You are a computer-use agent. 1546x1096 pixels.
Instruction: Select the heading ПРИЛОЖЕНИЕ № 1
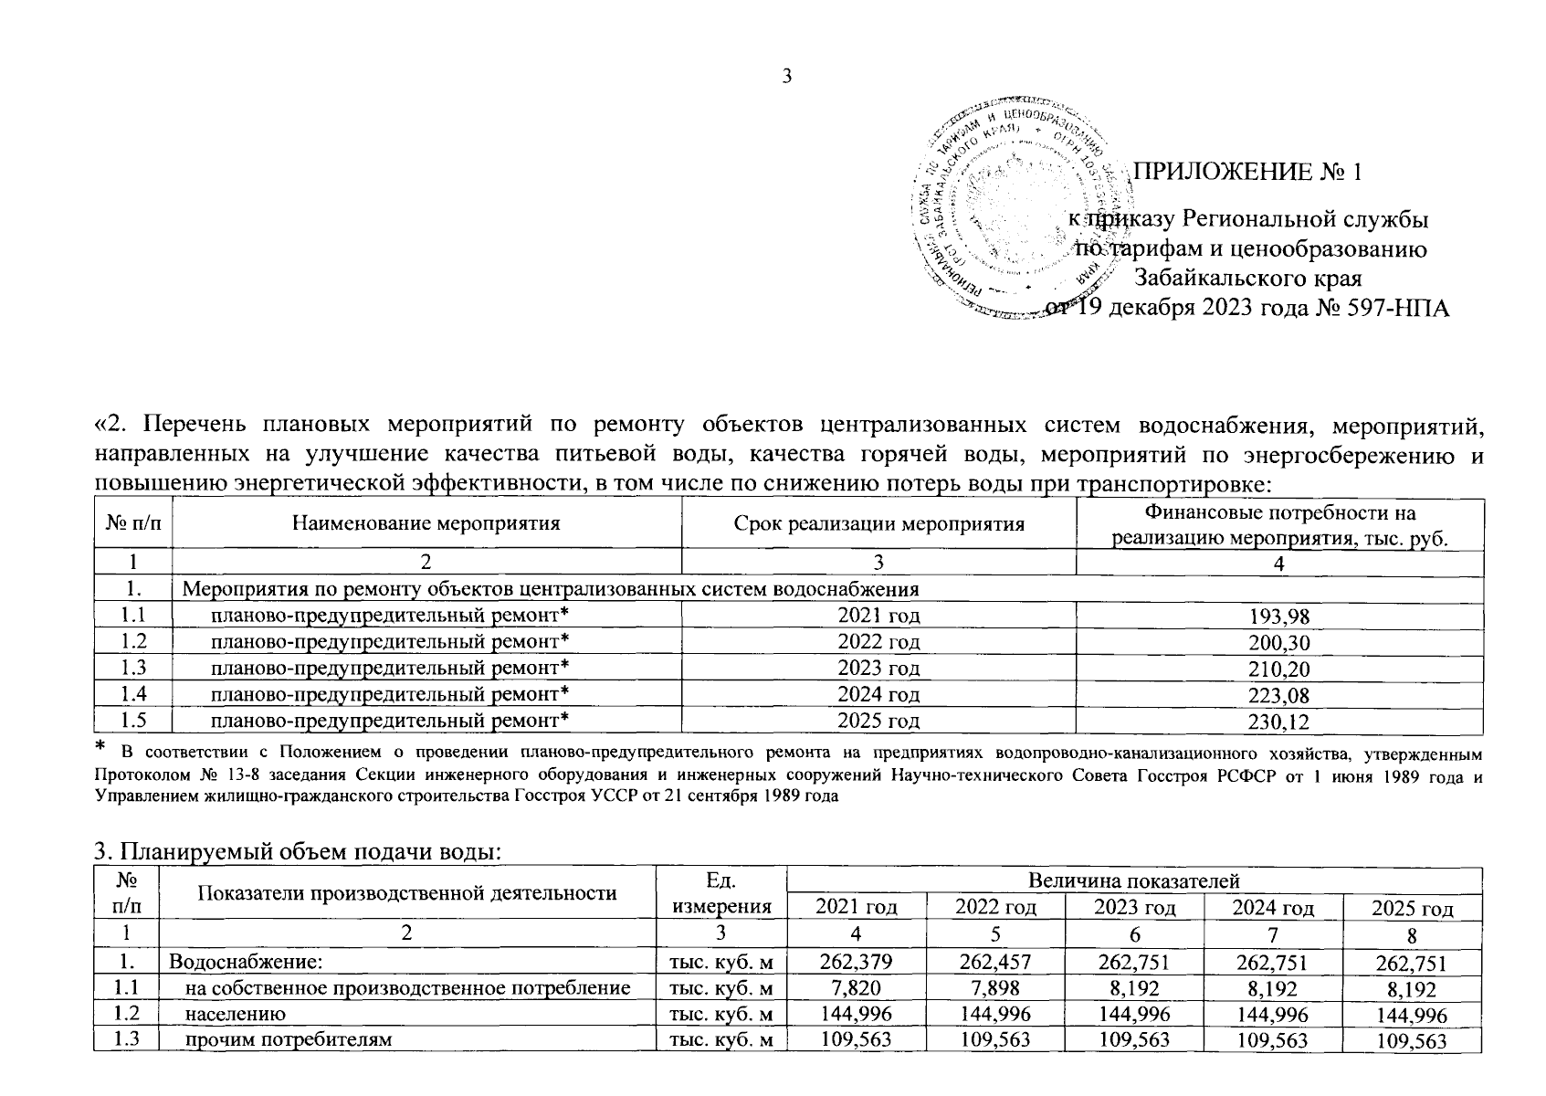(x=1246, y=173)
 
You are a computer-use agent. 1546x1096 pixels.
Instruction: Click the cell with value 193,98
(x=1278, y=616)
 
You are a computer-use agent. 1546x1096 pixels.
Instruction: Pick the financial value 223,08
(x=1278, y=695)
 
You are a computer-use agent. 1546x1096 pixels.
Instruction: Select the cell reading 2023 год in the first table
(x=878, y=669)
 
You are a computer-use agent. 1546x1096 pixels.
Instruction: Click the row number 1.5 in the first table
(x=133, y=721)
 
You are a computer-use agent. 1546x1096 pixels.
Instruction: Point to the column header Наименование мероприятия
(x=426, y=523)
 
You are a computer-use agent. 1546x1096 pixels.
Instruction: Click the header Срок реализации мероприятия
(x=878, y=523)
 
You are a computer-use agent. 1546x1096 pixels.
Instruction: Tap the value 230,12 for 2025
(x=1278, y=722)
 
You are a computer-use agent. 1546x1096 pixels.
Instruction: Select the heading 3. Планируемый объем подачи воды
(x=299, y=852)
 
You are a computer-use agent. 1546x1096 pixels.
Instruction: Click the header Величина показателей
(x=1133, y=880)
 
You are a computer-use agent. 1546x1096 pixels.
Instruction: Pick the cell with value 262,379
(x=856, y=962)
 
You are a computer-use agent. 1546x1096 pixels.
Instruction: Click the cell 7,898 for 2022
(x=994, y=988)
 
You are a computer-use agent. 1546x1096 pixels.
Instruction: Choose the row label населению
(x=236, y=1014)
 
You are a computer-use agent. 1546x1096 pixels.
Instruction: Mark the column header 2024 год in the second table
(x=1273, y=907)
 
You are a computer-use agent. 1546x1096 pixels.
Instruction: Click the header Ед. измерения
(x=720, y=893)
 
